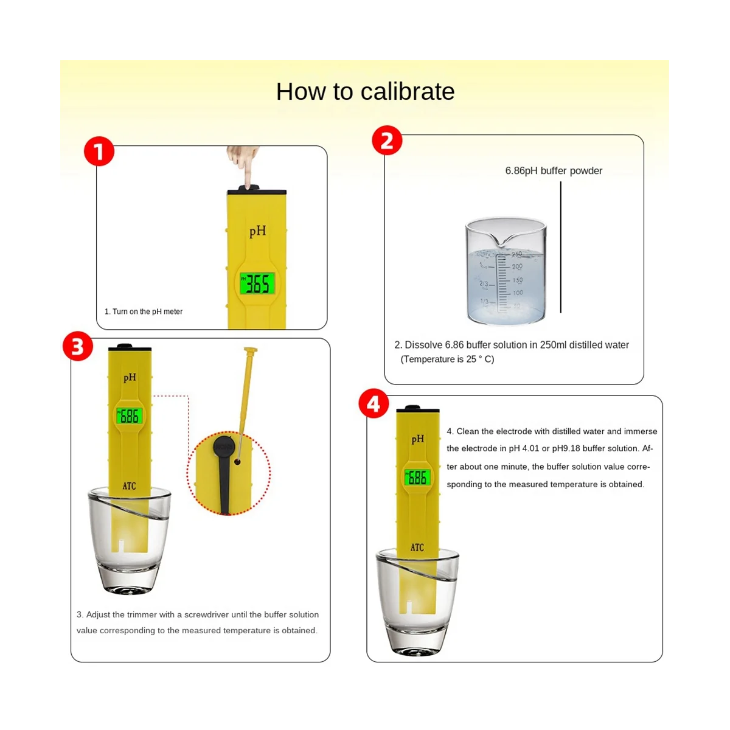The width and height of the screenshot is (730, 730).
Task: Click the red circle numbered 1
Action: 99,151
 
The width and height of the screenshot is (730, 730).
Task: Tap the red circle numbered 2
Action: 387,141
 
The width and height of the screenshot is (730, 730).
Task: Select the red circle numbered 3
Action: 78,346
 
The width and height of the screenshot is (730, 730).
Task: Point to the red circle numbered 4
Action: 374,403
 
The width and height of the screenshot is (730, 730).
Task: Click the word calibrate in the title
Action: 408,92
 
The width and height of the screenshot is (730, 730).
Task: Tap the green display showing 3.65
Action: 257,283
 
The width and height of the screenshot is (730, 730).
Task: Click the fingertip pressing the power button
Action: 248,182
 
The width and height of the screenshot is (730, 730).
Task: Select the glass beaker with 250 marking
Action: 506,271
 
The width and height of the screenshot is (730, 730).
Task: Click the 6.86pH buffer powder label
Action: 554,171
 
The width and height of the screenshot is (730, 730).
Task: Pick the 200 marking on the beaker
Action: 517,266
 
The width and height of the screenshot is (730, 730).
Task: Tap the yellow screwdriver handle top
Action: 251,350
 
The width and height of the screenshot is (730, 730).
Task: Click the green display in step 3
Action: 129,416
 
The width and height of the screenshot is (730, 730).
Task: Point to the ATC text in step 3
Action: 129,486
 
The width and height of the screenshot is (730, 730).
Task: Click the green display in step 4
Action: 417,478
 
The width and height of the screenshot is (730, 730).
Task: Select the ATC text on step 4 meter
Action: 417,547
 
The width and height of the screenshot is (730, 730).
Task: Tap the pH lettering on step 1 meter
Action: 257,231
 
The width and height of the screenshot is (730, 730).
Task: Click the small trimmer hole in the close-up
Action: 237,462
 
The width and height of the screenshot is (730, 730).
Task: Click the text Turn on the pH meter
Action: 147,312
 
